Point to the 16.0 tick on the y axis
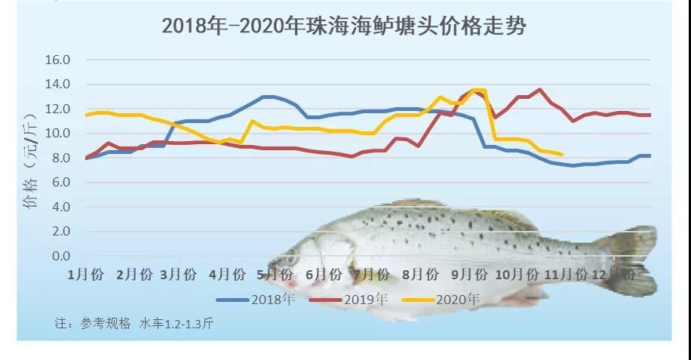click(57, 60)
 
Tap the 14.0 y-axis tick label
click(57, 85)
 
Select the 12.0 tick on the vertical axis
click(57, 109)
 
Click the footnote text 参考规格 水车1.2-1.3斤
click(136, 324)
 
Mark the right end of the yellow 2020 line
click(561, 155)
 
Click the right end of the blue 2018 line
click(650, 155)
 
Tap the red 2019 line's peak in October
click(539, 89)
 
